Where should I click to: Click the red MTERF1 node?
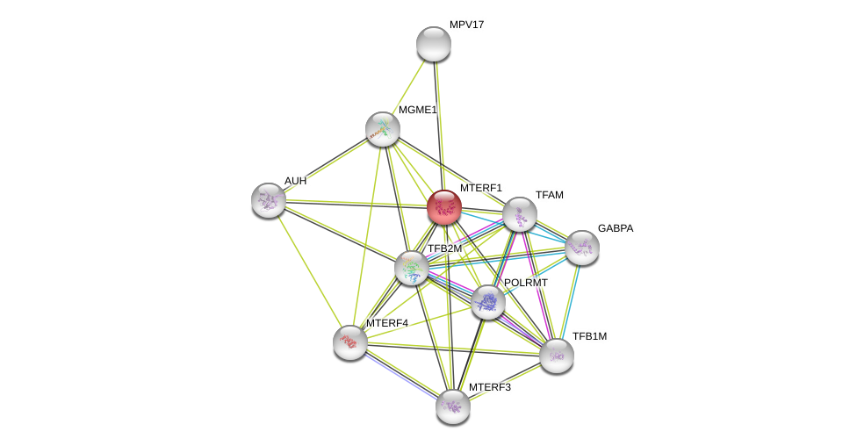[444, 207]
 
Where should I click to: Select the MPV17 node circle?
[434, 44]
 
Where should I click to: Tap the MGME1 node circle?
[383, 129]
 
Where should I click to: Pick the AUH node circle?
[269, 200]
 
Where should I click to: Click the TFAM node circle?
[520, 214]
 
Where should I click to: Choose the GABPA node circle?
[582, 248]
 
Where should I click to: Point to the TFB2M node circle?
[412, 268]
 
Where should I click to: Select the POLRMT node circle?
[488, 302]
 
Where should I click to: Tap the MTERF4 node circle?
[350, 342]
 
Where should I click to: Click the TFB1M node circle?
[557, 356]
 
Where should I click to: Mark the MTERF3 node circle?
[453, 406]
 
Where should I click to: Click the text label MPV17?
[466, 25]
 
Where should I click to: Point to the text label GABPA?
[615, 228]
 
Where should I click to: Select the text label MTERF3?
[489, 387]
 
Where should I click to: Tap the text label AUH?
[295, 181]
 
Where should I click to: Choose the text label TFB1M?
[589, 336]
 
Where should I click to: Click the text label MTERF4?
[387, 323]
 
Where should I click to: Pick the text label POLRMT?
[525, 283]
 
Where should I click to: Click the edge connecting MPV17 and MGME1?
[408, 86]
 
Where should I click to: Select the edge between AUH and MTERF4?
[309, 270]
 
